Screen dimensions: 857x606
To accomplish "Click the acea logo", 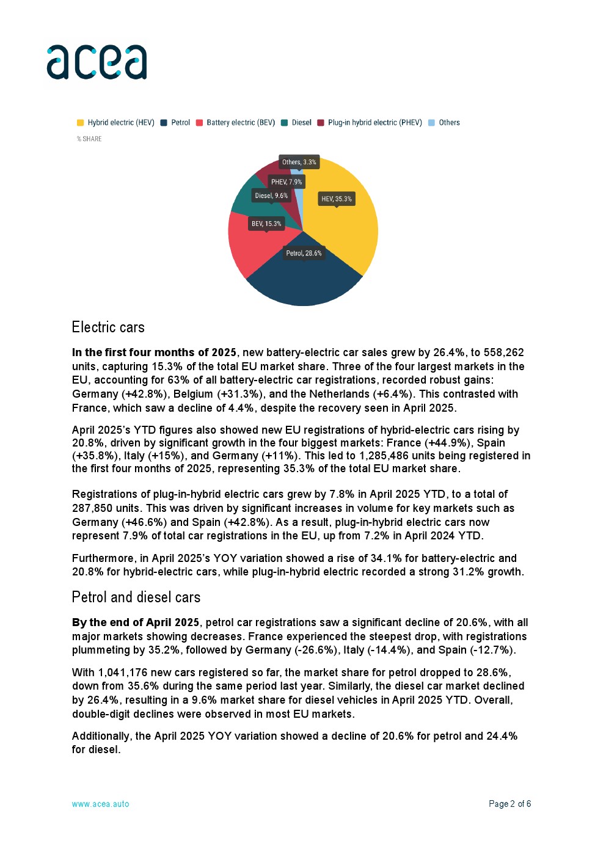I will pyautogui.click(x=97, y=62).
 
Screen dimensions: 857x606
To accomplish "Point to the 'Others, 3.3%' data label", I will pyautogui.click(x=299, y=162).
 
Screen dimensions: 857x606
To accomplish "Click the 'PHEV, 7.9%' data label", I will pyautogui.click(x=286, y=182).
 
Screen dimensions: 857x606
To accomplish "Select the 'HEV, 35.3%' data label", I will pyautogui.click(x=337, y=199).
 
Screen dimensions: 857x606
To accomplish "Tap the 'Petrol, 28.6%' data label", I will pyautogui.click(x=304, y=253).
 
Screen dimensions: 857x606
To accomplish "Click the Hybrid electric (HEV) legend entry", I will pyautogui.click(x=115, y=123).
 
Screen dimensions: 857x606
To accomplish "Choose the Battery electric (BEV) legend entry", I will pyautogui.click(x=235, y=123).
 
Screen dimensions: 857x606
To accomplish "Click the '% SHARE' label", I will pyautogui.click(x=89, y=139).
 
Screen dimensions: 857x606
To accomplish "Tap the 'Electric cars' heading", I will pyautogui.click(x=108, y=327).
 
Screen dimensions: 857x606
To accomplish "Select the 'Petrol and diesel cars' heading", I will pyautogui.click(x=136, y=597).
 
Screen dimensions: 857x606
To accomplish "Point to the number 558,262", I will pyautogui.click(x=503, y=352).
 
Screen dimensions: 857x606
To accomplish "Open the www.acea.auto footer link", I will pyautogui.click(x=100, y=804).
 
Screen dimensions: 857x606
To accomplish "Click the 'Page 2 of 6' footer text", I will pyautogui.click(x=509, y=804).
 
